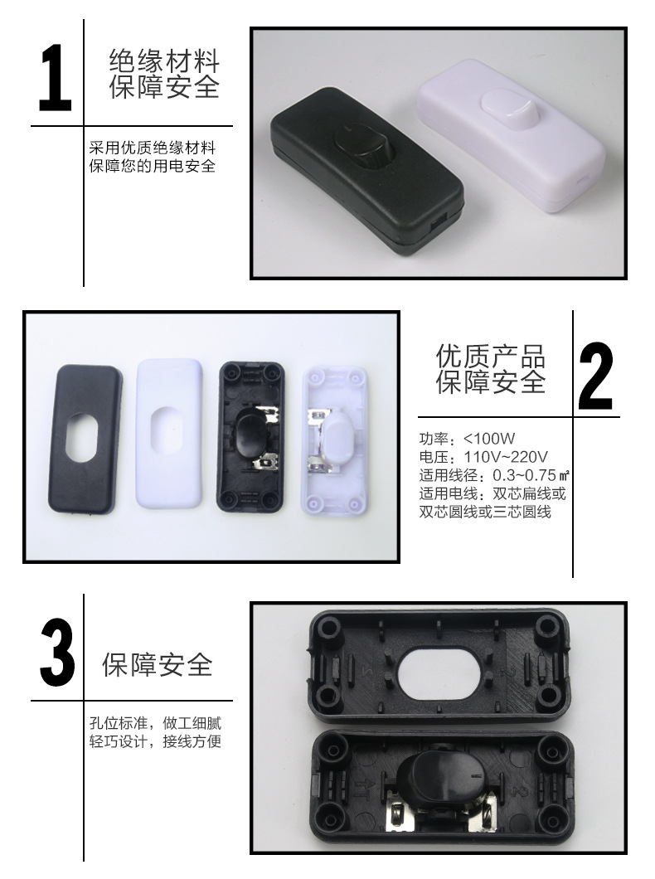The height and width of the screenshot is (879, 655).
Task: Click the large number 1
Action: (x=54, y=79)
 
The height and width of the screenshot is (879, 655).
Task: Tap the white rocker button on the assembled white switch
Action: (x=502, y=103)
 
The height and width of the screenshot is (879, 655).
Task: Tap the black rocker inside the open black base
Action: (x=252, y=434)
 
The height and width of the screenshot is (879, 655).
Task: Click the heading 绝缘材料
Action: (x=165, y=61)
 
